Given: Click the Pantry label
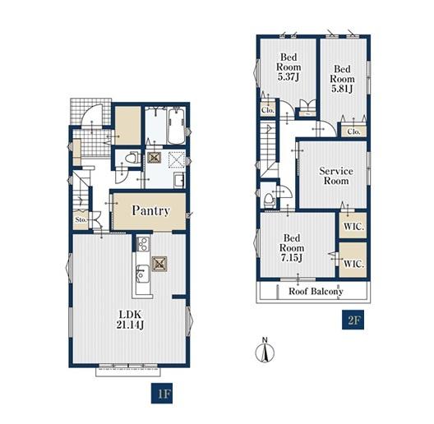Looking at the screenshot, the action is (x=150, y=210).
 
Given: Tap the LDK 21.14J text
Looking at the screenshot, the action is (x=130, y=320).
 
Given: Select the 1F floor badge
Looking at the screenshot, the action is (x=162, y=394).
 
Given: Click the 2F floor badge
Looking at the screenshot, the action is (x=353, y=320).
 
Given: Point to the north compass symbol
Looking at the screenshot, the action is (x=265, y=351).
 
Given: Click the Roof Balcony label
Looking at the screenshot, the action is (x=316, y=292).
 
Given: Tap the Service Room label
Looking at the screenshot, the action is (x=336, y=176).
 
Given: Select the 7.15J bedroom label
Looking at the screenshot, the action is (x=292, y=248).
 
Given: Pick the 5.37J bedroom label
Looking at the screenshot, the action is (x=289, y=67).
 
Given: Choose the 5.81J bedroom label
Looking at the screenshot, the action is (x=342, y=79).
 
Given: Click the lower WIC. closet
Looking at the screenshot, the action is (x=353, y=260).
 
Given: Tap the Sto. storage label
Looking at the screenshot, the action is (x=81, y=219).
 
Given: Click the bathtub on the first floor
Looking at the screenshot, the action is (x=176, y=126).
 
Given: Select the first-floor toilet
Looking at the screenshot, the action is (x=132, y=158).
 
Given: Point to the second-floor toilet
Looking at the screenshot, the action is (x=269, y=200).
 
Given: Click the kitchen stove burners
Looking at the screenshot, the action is (x=143, y=244).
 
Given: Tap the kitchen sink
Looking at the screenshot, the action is (x=142, y=273).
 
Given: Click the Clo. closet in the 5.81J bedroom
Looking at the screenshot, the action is (x=353, y=131).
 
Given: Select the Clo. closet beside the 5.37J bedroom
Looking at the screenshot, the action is (x=268, y=110).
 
